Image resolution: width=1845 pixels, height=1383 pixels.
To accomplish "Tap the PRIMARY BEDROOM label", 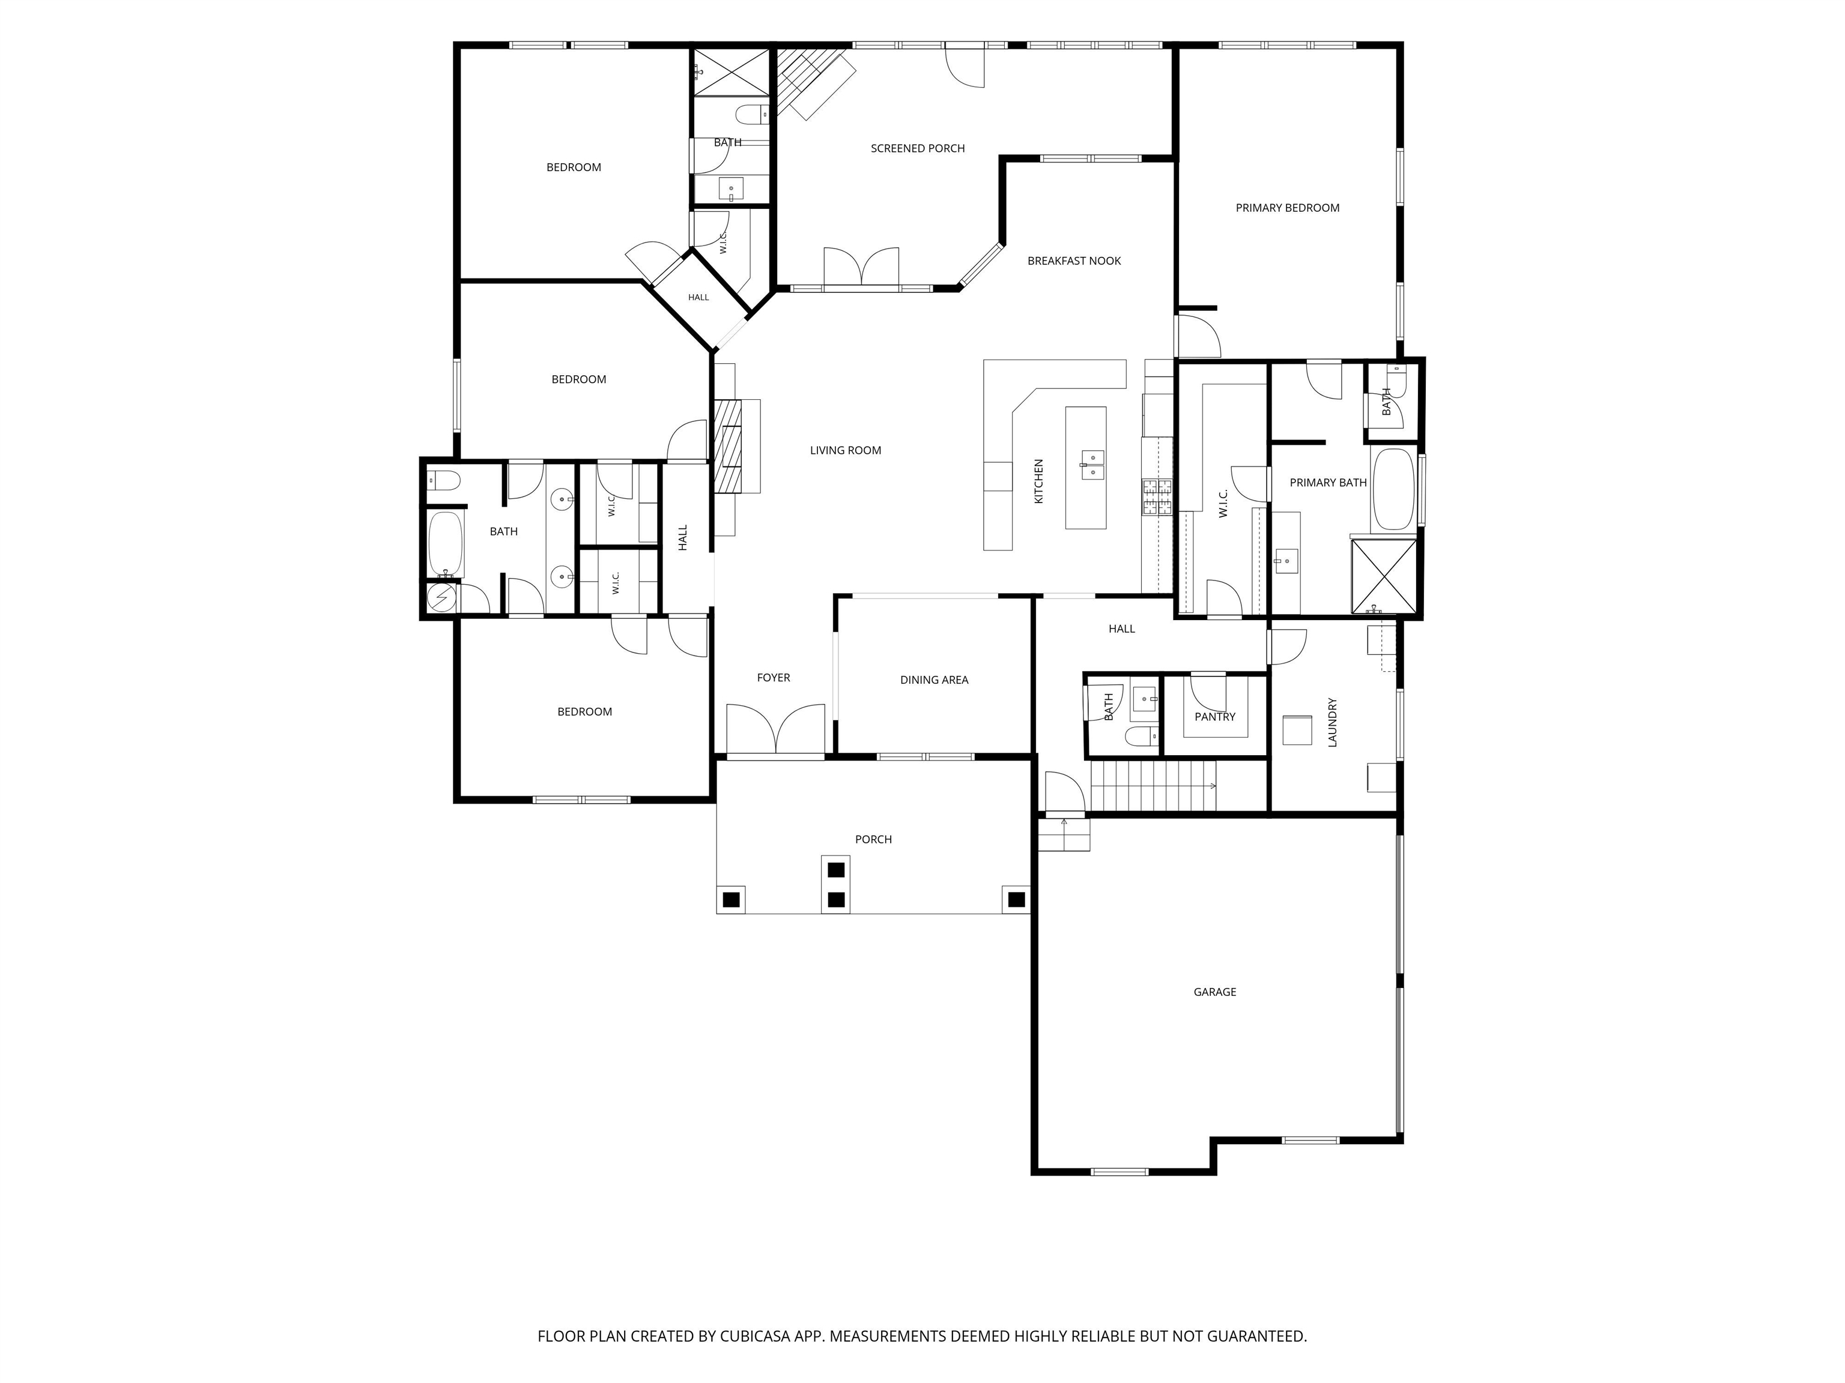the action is click(x=1287, y=208).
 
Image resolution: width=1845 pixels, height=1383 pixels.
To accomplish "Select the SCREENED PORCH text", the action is click(x=918, y=148).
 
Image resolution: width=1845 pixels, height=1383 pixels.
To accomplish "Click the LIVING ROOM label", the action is click(x=846, y=450).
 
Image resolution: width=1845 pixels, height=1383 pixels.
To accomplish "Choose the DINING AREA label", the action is click(x=934, y=680).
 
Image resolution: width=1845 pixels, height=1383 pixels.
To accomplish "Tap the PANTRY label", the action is click(x=1215, y=717).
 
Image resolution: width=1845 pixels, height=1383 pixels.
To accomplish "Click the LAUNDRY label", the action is click(x=1332, y=722).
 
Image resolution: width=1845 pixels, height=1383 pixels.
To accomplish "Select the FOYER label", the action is click(x=773, y=678).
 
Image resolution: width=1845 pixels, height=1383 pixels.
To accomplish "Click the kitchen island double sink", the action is click(x=1092, y=465).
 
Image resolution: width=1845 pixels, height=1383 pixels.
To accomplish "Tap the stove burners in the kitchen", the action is click(x=1157, y=498).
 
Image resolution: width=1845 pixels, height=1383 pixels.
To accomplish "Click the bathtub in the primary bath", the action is click(x=1395, y=489).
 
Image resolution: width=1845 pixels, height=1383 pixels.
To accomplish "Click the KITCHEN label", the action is click(x=1039, y=481).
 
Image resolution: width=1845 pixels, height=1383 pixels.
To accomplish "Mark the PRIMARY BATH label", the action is click(x=1328, y=483).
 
